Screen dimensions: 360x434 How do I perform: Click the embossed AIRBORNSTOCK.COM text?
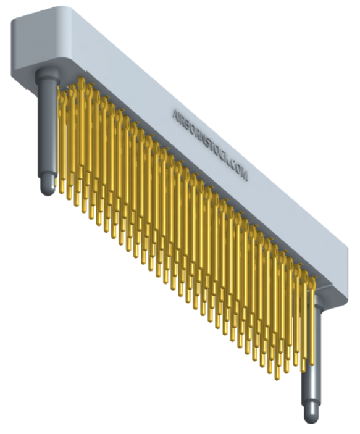tap(209, 145)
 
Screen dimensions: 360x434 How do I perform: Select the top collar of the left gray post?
tap(48, 74)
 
